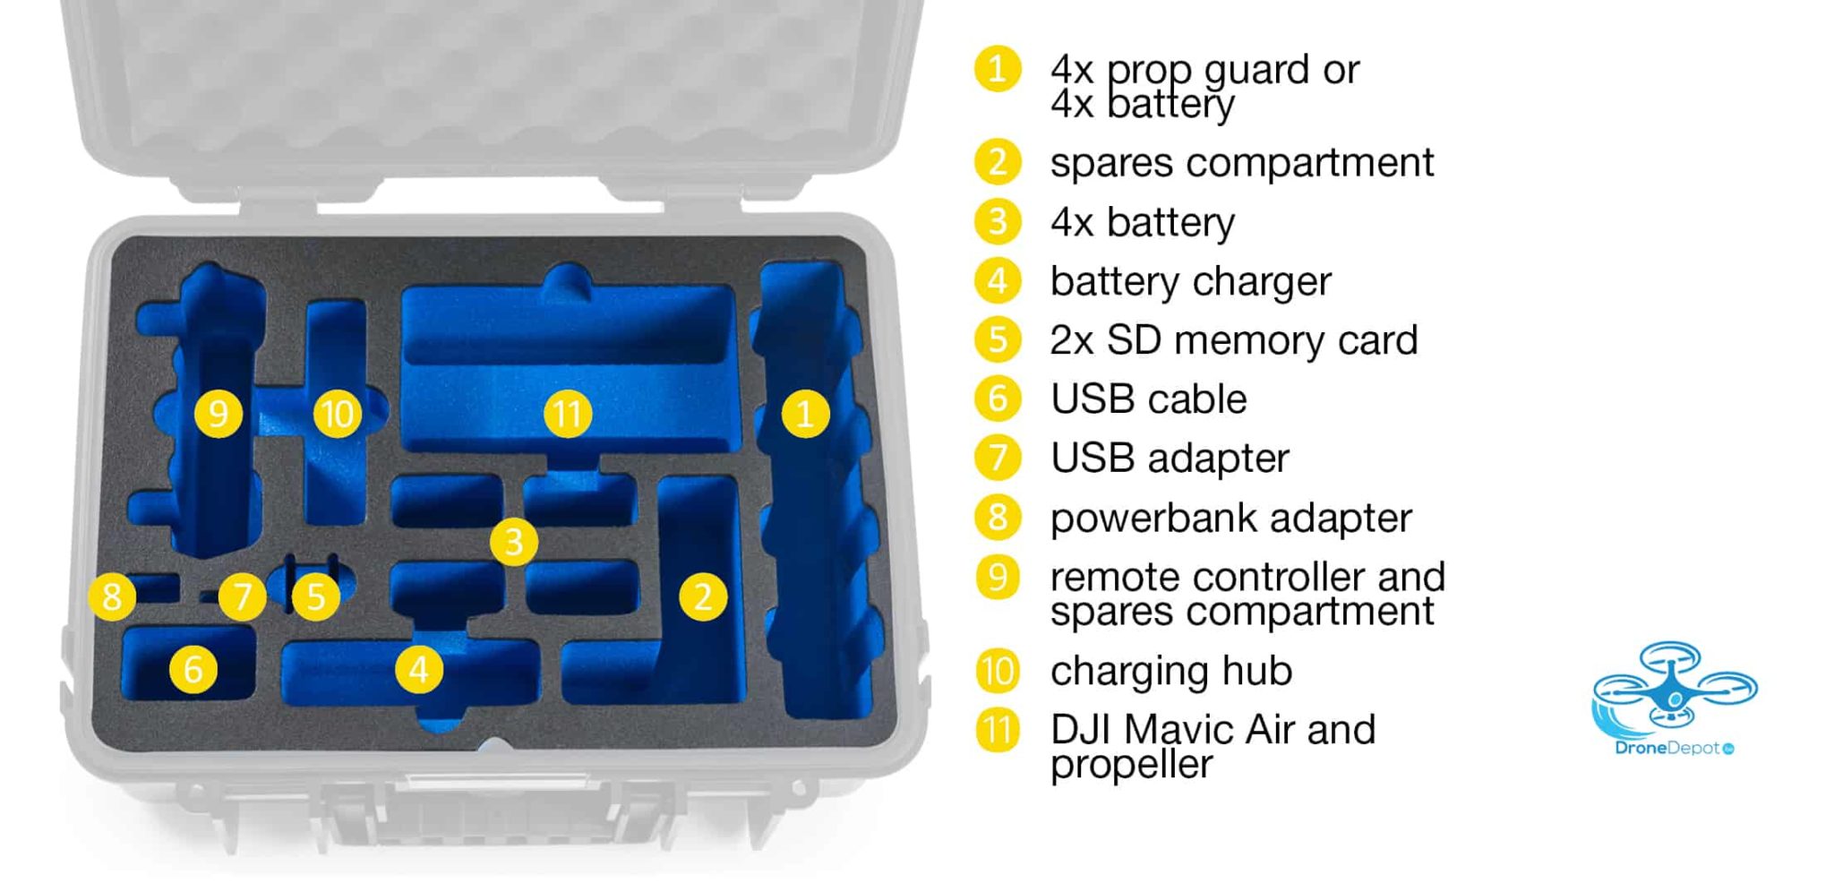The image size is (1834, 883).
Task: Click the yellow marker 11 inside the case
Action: tap(568, 414)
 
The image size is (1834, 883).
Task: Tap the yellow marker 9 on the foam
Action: tap(219, 414)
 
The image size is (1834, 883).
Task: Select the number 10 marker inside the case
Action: tap(338, 414)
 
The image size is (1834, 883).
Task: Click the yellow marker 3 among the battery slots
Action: tap(514, 542)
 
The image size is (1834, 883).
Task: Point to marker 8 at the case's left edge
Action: tap(112, 596)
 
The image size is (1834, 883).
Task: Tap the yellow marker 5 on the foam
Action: tap(315, 596)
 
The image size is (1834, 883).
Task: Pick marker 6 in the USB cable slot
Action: tap(193, 669)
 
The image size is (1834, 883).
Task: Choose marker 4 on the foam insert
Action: tap(419, 669)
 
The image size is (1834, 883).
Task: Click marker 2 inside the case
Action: tap(703, 596)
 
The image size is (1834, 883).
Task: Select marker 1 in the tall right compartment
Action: tap(805, 414)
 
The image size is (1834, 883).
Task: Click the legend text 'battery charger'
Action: tap(1191, 282)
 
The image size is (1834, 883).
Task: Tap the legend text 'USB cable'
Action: tap(1149, 399)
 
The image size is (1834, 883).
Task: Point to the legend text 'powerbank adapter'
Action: tap(1231, 519)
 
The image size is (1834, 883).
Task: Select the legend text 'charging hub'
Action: tap(1171, 672)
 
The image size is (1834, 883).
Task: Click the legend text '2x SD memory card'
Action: tap(1234, 340)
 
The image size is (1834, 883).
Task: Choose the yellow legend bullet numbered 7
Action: tap(998, 458)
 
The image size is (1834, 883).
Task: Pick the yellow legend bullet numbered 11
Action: tap(998, 731)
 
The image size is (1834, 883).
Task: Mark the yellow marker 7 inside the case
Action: tap(242, 596)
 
